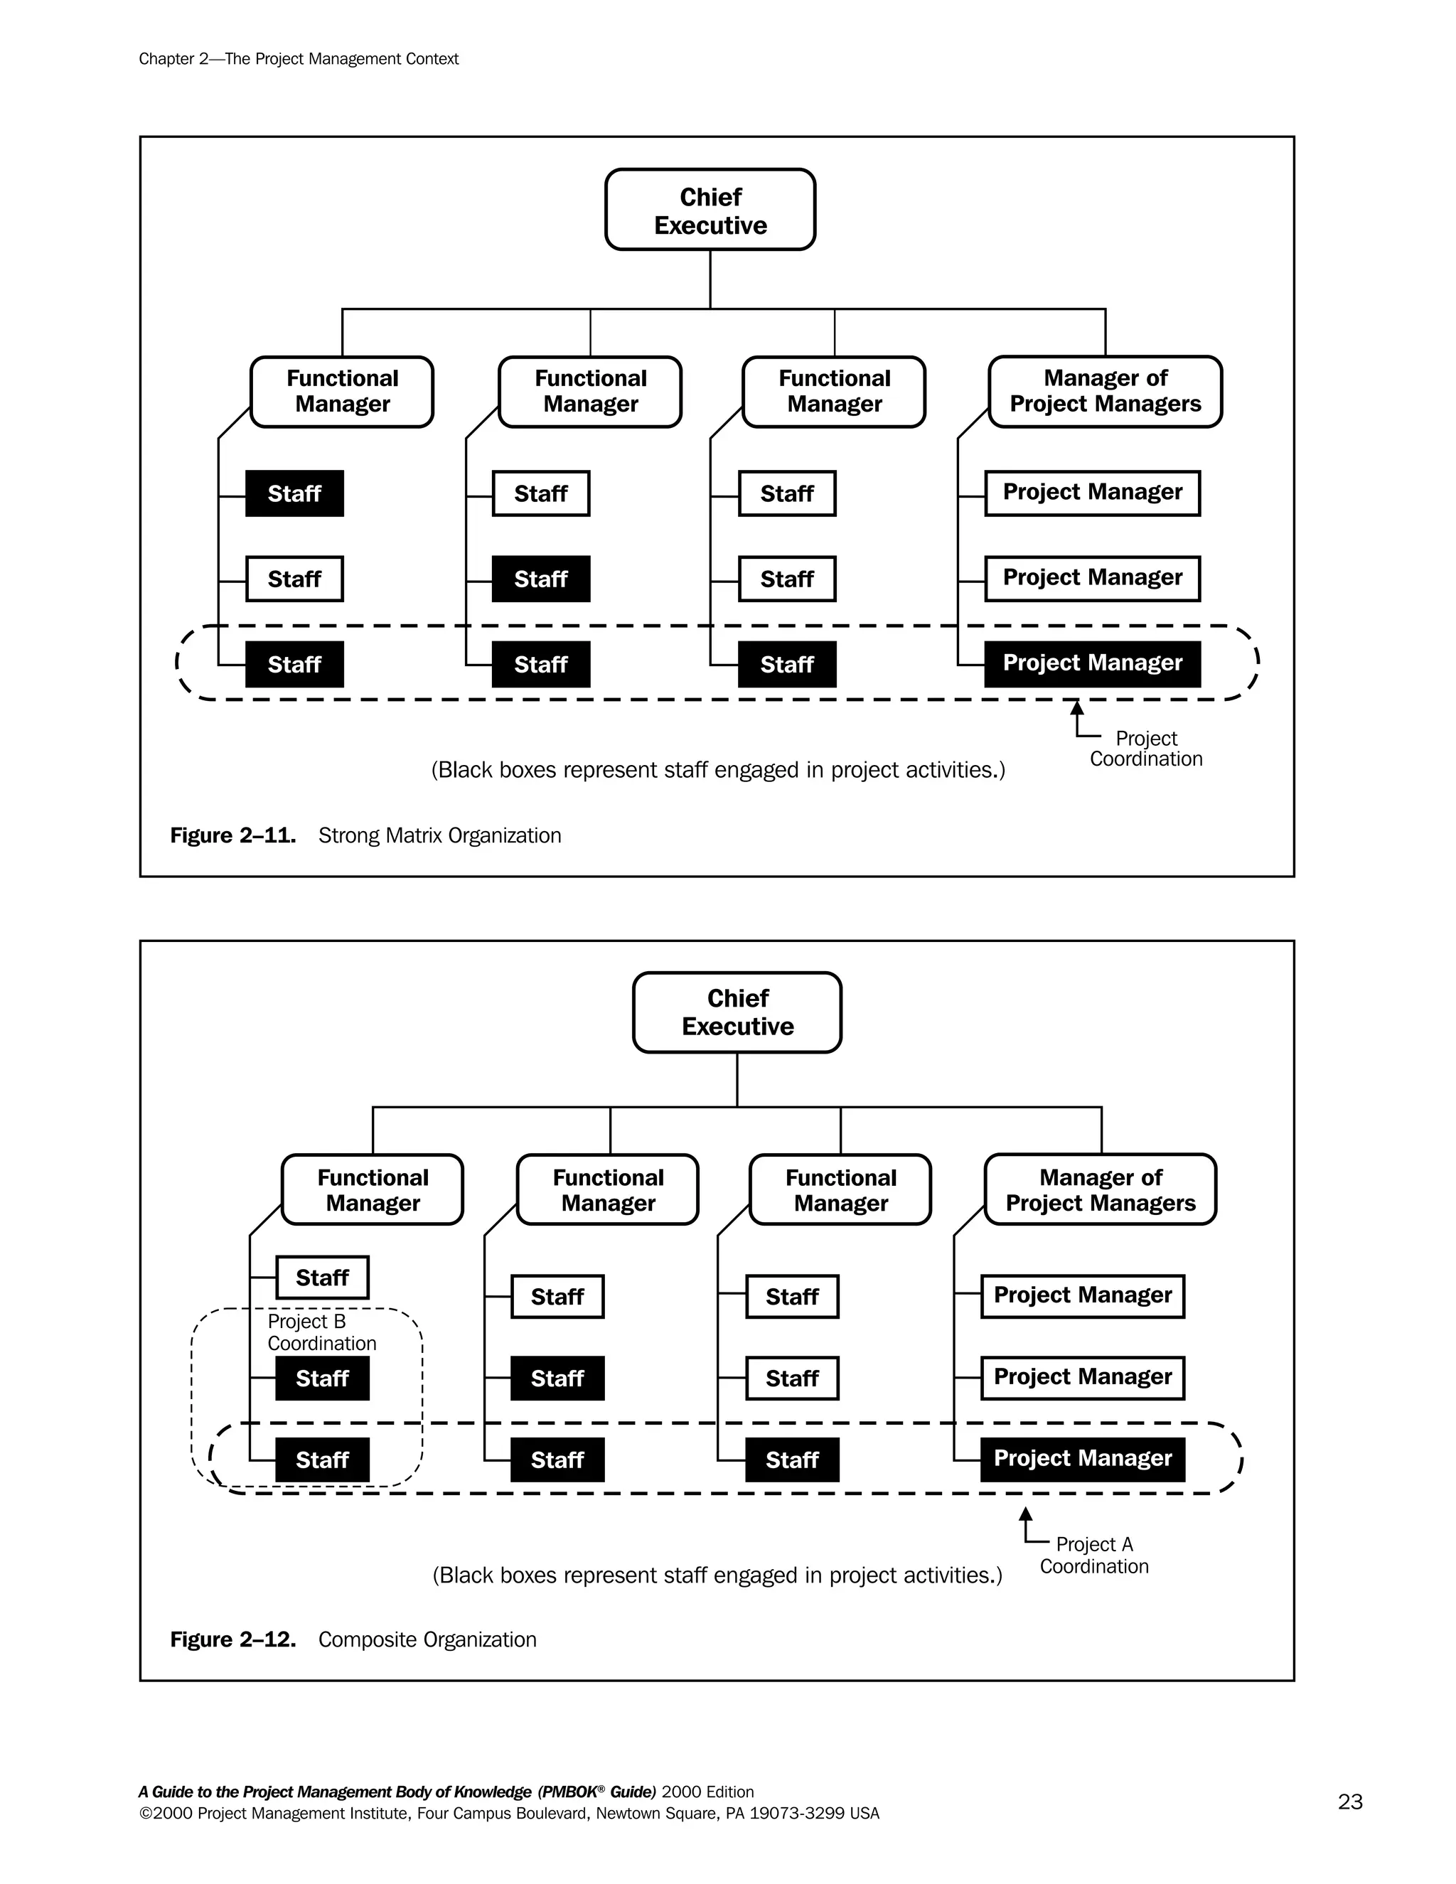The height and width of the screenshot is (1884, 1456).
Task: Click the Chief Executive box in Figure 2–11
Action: (710, 210)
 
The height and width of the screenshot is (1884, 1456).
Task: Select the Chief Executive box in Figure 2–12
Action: (737, 1012)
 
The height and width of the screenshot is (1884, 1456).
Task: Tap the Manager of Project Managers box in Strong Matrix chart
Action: (1105, 391)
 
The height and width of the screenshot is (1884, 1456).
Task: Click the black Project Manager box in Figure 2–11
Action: (1092, 663)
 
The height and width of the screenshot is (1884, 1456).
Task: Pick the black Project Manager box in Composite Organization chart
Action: (1083, 1459)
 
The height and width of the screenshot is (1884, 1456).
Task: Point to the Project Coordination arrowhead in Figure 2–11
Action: (1076, 708)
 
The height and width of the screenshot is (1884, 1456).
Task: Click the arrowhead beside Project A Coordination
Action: (1026, 1514)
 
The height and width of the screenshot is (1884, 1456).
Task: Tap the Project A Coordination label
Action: (1093, 1554)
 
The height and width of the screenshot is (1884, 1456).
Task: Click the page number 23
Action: (1350, 1802)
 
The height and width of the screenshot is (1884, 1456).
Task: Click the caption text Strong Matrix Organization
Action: (439, 835)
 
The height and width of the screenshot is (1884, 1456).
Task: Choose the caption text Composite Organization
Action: (427, 1639)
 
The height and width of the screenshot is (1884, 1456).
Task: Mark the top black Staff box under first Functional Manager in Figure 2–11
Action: (294, 493)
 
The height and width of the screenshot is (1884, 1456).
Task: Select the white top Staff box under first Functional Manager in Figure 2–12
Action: (322, 1277)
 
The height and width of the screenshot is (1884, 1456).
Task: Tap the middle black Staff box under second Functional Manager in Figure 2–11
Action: (541, 579)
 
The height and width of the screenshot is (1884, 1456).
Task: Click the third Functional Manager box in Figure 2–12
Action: (840, 1189)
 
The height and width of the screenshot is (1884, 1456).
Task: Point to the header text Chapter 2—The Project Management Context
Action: (299, 59)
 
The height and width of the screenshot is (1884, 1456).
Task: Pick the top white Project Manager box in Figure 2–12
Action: (1083, 1295)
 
